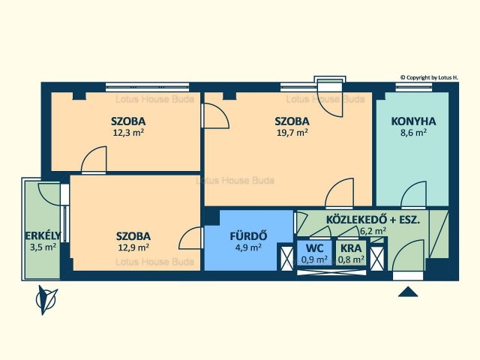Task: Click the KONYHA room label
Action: [413, 121]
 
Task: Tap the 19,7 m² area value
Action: [292, 133]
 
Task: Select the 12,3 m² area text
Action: [128, 133]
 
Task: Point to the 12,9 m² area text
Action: [133, 247]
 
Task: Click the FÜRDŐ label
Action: [248, 236]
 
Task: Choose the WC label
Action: [314, 248]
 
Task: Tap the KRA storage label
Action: [351, 248]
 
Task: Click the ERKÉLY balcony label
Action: [43, 235]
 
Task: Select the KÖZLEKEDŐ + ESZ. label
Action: [373, 220]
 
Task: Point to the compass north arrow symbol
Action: [46, 300]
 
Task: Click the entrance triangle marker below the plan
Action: [408, 292]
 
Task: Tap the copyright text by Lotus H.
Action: [429, 78]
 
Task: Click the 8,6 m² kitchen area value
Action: [413, 133]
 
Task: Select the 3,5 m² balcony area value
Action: [43, 247]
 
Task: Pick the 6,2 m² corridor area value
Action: [373, 231]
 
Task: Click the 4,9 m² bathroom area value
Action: [248, 247]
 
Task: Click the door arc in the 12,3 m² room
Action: [90, 151]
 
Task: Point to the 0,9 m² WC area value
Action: [314, 259]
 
